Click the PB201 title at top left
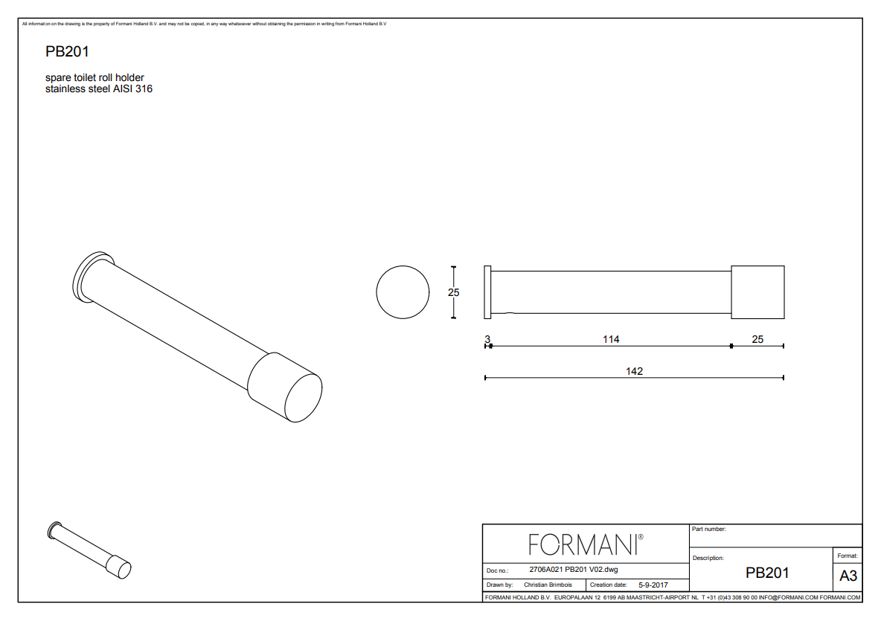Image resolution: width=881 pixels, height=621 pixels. pos(67,51)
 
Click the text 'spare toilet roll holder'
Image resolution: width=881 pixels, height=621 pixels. pos(94,77)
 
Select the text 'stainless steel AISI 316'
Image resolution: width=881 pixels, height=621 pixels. pos(99,89)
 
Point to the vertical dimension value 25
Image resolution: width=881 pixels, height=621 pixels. pos(453,292)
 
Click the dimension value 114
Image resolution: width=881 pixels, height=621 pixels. pos(611,339)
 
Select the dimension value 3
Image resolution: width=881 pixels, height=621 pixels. pos(487,339)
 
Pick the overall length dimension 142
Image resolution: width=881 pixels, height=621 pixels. pos(635,371)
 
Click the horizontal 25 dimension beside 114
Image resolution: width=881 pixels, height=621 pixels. pos(757,339)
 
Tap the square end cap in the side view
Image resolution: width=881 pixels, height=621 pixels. pos(758,292)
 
